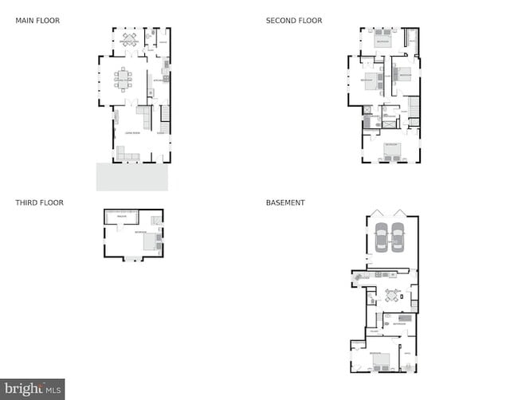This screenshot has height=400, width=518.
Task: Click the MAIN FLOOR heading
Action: [x=37, y=21]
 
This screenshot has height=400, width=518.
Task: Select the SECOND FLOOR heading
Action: [x=294, y=21]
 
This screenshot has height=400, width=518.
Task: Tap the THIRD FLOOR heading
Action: [x=39, y=203]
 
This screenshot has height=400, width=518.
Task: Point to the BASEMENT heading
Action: [x=285, y=203]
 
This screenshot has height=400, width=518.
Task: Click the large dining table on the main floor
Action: [x=124, y=78]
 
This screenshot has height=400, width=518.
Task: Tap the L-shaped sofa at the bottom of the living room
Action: [x=127, y=153]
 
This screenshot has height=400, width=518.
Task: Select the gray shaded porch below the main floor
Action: [x=131, y=177]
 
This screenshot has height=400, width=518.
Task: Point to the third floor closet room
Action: [x=123, y=216]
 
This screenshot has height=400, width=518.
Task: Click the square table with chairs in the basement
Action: [x=391, y=296]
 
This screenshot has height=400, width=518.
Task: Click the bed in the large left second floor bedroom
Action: [x=371, y=81]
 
